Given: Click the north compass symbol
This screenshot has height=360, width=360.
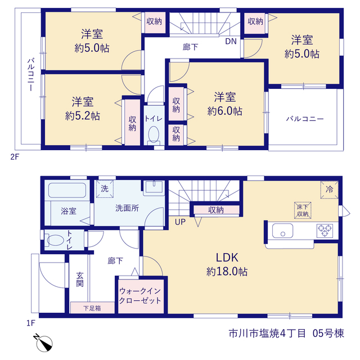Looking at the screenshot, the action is coord(44,343).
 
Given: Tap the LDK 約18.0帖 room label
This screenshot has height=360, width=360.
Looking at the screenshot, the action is coord(227,264).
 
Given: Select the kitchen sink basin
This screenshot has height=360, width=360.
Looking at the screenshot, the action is coord(282,231).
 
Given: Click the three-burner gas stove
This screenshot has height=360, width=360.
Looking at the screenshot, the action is coord(325,231).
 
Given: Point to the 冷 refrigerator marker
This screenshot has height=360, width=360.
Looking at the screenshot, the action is coord(329,190).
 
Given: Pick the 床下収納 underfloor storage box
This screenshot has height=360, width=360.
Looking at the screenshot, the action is coord(303,210).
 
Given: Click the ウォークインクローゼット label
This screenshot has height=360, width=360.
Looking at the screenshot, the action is coord(140,296).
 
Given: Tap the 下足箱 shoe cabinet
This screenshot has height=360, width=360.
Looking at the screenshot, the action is coord(92,308).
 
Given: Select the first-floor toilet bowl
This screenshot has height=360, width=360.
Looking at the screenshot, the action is coord(55,240).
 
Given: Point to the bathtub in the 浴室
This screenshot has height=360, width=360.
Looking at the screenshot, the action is coord(67,190).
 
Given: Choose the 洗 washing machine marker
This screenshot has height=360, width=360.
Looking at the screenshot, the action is coord(105,189).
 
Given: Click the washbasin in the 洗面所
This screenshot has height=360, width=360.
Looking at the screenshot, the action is coord(154,187).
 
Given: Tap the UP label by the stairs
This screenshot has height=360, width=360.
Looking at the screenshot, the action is coord(180,222).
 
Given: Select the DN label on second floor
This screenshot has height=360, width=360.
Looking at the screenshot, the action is coord(231,41).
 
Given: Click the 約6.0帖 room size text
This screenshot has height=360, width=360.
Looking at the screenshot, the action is coord(225,111).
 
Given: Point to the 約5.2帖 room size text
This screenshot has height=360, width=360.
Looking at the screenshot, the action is coord(83,116).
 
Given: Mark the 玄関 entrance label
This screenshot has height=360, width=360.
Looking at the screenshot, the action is coord(80,280).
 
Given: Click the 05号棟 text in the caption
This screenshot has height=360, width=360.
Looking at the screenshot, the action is coord(328,334).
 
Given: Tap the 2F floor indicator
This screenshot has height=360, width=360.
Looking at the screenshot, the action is coord(15,157).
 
